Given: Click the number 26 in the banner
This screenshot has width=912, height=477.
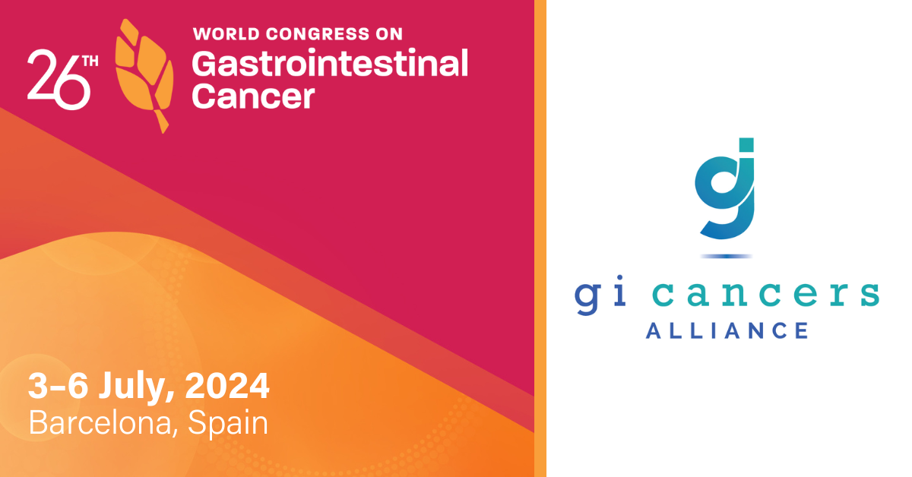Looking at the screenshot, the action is point(59,80).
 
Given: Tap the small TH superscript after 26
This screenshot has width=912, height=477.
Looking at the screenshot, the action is point(90,61).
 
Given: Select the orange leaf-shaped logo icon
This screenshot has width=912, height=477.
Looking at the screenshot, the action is point(144,76).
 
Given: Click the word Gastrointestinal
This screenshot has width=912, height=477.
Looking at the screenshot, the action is point(330,64).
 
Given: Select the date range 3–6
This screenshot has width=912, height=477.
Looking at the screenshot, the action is point(58,385).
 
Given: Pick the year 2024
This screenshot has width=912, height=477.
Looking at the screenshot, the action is point(227,385).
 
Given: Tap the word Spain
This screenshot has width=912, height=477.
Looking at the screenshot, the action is point(227,425).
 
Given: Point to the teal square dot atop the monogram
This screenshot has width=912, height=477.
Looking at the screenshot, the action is point(746,144).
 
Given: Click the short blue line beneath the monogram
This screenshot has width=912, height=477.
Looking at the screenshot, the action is point(727,257).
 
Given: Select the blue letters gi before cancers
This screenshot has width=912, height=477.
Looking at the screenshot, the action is point(600,294).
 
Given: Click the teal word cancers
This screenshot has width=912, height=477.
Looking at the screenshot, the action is point(766,294).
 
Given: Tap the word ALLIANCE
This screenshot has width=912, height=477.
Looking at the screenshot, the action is point(727,330).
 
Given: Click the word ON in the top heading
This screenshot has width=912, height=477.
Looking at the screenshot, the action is point(389,34).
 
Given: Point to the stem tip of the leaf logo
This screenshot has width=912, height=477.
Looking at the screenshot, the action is point(163,131).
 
